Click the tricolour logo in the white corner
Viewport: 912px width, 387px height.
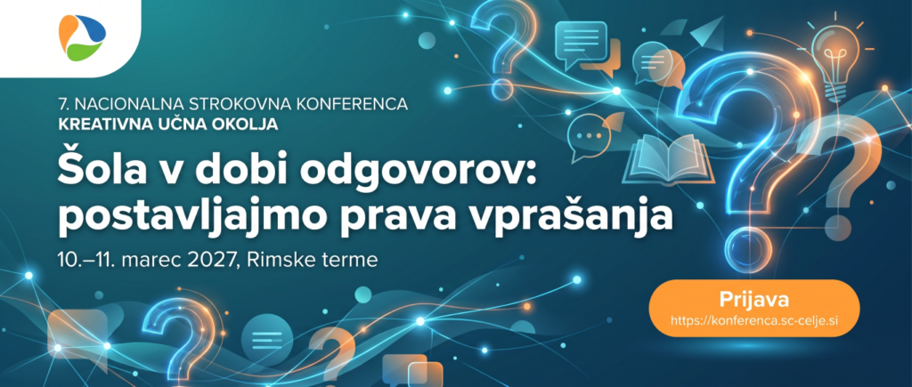tap(82, 37)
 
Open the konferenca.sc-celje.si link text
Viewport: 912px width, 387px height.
tap(753, 319)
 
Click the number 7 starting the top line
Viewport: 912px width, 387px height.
tap(62, 105)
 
